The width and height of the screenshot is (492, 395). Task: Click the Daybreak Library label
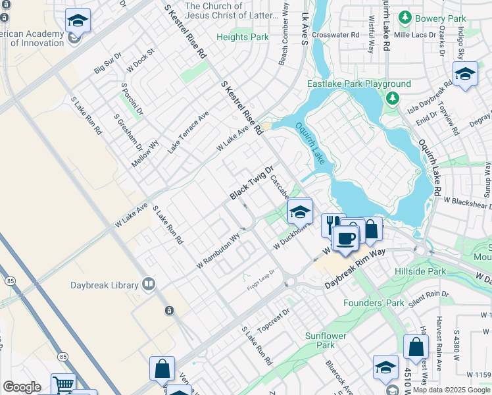coord(105,285)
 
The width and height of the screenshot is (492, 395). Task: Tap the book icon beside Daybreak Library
coord(149,284)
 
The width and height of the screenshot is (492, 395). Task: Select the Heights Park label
coord(243,38)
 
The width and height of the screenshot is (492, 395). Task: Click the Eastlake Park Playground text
coord(359,84)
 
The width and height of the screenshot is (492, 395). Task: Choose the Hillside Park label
coord(420,271)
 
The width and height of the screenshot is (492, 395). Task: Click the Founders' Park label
coord(374,303)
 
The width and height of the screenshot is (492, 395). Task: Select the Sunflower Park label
coord(325,340)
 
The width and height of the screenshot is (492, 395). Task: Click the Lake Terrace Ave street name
coord(188,132)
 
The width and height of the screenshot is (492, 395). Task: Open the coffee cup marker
coord(345,238)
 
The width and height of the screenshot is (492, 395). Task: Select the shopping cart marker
coord(62,384)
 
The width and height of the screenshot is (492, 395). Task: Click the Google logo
coord(22,387)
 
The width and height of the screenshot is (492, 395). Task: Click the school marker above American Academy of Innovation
coord(78,22)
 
